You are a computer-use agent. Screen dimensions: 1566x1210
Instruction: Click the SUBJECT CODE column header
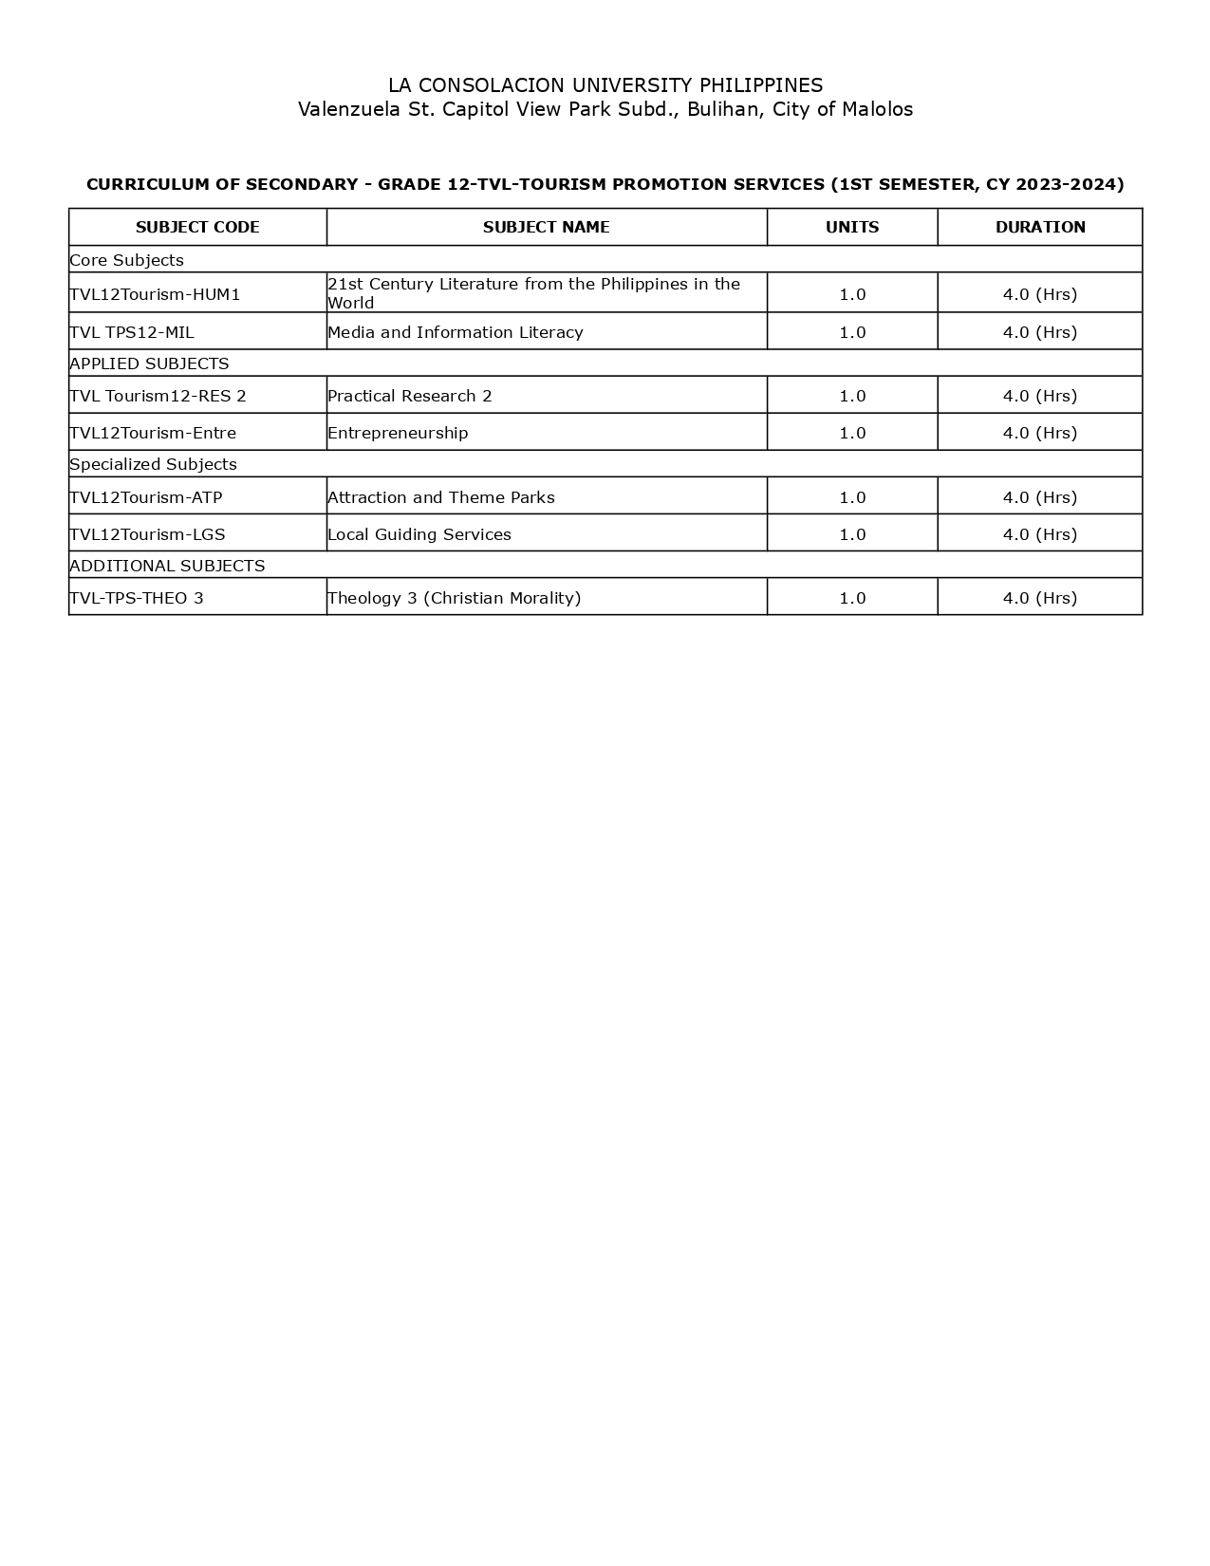click(197, 227)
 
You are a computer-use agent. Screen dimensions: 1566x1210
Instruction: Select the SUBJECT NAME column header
click(546, 227)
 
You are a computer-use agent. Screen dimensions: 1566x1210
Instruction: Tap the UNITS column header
click(852, 227)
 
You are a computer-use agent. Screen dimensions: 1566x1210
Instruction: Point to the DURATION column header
click(1040, 227)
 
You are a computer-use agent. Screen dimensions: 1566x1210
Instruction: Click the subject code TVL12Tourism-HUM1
click(155, 294)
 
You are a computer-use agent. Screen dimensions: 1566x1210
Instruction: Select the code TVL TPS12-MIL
click(132, 332)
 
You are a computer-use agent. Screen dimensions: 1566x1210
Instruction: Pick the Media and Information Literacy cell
click(456, 332)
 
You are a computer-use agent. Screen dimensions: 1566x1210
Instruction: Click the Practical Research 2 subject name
click(410, 396)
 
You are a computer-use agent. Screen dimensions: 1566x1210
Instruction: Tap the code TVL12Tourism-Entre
click(153, 433)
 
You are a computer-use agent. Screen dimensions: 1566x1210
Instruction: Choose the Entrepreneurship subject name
click(398, 433)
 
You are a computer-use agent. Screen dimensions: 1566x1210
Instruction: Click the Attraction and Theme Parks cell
click(441, 497)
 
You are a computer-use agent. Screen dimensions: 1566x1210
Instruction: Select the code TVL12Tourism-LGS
click(147, 534)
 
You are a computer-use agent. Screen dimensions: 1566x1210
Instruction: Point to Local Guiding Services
click(419, 534)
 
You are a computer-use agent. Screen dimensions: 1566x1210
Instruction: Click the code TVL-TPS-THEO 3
click(137, 598)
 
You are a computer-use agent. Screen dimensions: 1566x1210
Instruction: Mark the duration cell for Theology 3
click(1040, 598)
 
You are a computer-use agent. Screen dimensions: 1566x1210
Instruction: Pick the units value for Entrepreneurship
click(852, 433)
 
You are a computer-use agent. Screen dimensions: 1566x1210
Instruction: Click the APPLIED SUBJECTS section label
click(149, 364)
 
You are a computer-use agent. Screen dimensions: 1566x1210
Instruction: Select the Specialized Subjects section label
click(153, 464)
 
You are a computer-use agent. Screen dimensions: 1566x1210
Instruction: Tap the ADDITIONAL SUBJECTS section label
click(167, 566)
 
